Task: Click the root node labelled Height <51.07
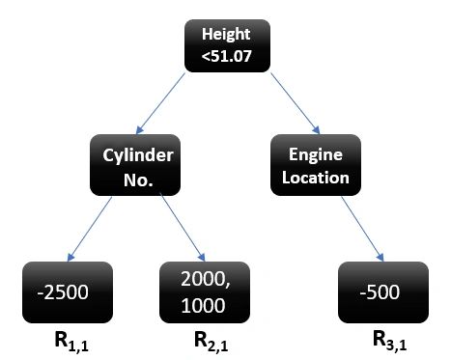click(225, 44)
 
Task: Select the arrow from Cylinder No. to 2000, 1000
click(181, 226)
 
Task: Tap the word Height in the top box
click(225, 34)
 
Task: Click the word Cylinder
click(135, 153)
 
